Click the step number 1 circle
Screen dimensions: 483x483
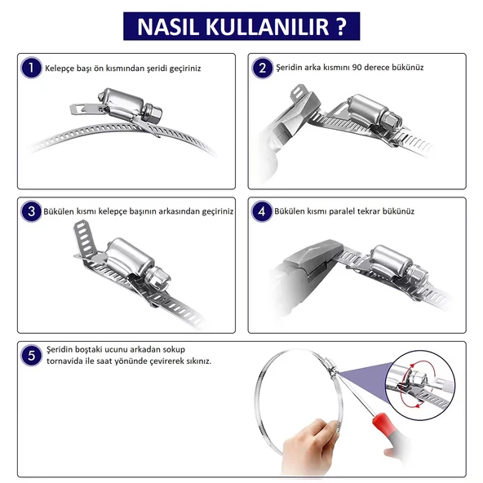pyautogui.click(x=31, y=68)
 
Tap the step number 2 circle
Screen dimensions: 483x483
pyautogui.click(x=262, y=68)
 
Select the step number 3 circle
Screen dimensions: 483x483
pyautogui.click(x=31, y=211)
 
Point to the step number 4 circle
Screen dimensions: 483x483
pyautogui.click(x=262, y=211)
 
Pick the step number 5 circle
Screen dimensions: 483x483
pyautogui.click(x=31, y=356)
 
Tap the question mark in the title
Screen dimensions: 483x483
pyautogui.click(x=340, y=26)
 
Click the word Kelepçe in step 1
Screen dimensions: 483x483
pyautogui.click(x=59, y=69)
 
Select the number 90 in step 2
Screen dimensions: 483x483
pyautogui.click(x=357, y=67)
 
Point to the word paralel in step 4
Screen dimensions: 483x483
pyautogui.click(x=342, y=211)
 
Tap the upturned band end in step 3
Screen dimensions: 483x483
pyautogui.click(x=84, y=237)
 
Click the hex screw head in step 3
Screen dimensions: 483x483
pyautogui.click(x=157, y=278)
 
